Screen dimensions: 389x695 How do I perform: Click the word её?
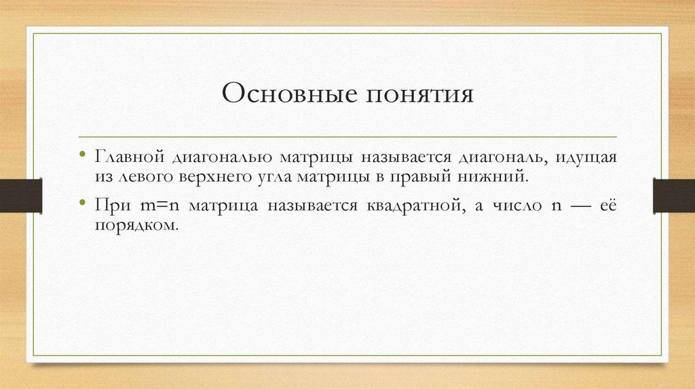click(606, 205)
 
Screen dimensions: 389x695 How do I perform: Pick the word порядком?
click(136, 225)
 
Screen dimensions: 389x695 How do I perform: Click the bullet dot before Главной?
click(83, 156)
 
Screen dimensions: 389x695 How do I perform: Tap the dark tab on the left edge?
click(20, 194)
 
